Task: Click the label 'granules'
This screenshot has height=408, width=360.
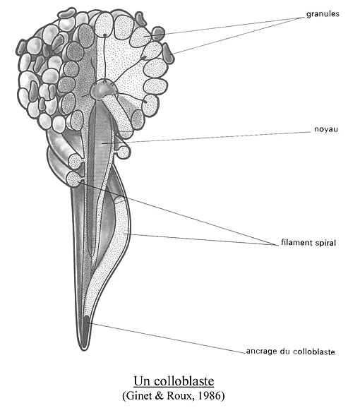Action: pos(323,14)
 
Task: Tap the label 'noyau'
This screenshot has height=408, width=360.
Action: pos(326,129)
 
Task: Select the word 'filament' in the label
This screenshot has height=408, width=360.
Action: pos(296,242)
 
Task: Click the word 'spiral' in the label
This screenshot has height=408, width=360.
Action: pos(325,243)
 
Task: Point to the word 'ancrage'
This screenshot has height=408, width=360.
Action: pos(262,352)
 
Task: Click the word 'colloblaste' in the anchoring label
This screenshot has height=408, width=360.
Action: pos(314,352)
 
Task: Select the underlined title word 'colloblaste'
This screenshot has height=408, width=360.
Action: pos(184,381)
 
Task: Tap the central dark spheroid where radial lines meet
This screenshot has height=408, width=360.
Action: pos(102,90)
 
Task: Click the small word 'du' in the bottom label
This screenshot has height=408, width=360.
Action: pos(285,352)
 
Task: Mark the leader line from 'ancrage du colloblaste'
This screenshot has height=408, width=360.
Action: pos(167,337)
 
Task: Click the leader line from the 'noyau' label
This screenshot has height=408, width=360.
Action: pos(206,138)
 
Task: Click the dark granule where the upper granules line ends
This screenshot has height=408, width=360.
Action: pos(158,33)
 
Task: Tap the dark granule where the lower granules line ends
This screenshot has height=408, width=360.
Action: pos(168,54)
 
